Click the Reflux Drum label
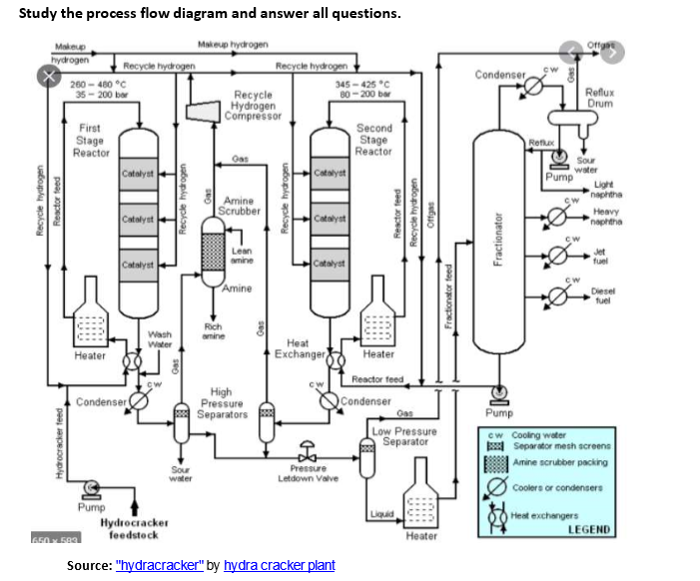coord(599,96)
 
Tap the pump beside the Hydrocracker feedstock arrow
coord(91,486)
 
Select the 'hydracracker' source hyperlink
coord(160,566)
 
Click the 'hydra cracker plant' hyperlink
coord(280,566)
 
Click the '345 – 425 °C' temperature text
coord(363,84)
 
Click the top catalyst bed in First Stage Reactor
coord(137,174)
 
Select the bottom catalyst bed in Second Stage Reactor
coord(329,263)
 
